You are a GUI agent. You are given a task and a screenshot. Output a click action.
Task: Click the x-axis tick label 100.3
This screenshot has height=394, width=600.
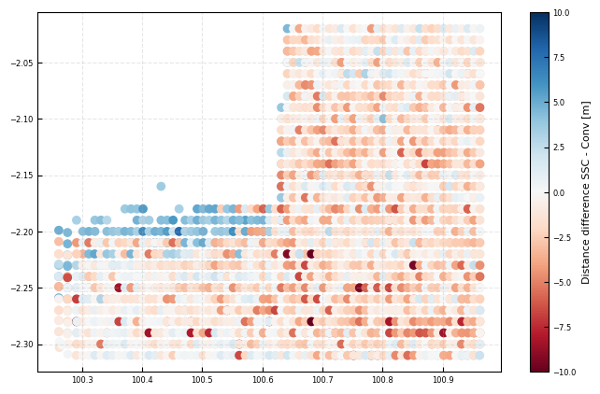82,380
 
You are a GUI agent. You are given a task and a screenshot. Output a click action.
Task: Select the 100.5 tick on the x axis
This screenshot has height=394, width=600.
203,380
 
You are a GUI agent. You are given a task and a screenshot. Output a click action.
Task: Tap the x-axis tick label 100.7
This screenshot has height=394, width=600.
322,380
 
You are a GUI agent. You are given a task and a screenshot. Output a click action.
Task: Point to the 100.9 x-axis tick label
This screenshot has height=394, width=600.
443,380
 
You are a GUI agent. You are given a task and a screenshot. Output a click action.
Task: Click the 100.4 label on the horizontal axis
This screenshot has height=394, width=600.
142,380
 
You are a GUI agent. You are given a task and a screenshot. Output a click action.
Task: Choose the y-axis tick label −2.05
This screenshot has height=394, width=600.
19,63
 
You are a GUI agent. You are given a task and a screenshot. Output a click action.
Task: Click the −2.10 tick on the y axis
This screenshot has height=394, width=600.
19,120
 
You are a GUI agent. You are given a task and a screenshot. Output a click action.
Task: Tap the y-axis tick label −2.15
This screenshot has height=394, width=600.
19,176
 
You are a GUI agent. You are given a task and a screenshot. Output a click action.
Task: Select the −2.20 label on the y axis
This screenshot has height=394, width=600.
19,232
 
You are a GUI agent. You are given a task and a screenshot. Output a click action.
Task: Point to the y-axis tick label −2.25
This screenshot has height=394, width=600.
19,288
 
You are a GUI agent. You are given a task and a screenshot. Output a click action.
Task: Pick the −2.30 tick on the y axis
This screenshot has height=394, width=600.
19,345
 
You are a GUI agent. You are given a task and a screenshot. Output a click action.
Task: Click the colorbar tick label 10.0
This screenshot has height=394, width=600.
561,13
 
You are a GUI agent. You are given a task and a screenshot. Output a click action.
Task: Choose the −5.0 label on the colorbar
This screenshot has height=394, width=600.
563,282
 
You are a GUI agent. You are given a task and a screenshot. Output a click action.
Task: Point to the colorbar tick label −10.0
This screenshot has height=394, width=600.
564,372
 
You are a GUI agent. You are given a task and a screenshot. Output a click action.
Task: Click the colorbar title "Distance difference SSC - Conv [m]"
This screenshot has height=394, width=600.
586,192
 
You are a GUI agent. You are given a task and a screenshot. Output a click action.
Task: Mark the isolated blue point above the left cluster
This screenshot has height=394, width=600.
161,187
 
